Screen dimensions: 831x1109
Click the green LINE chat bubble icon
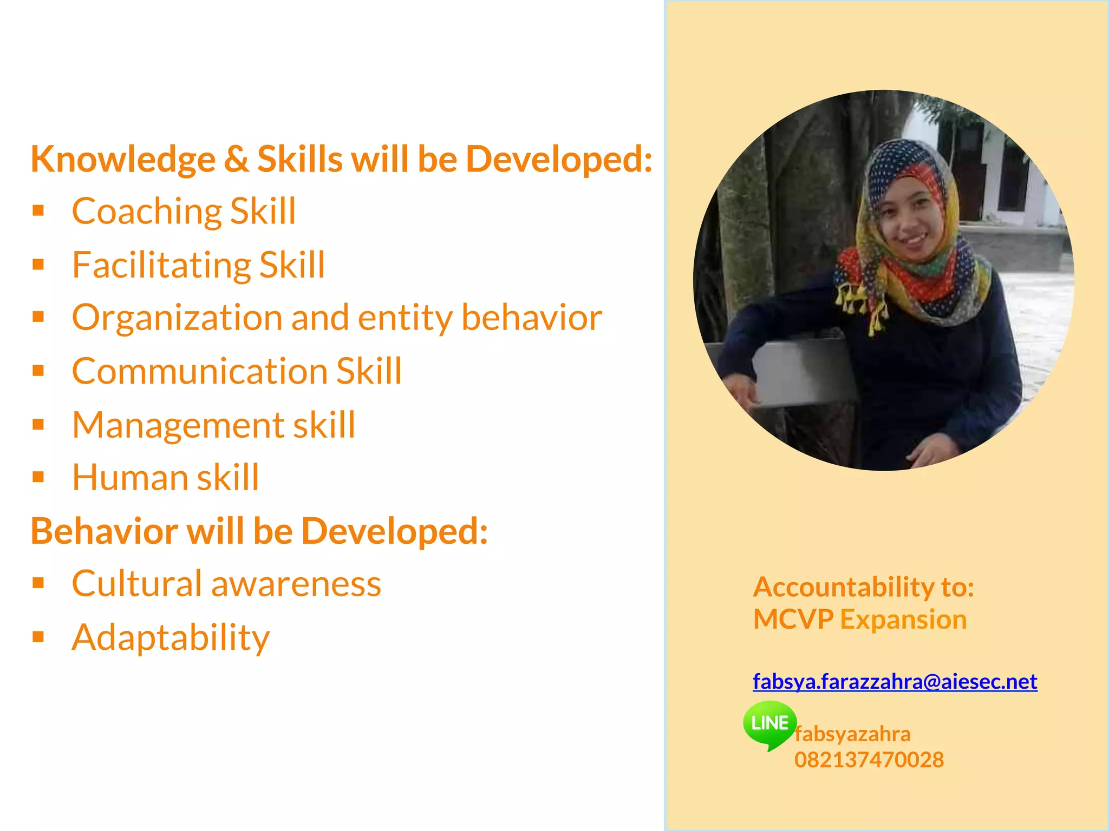(x=769, y=724)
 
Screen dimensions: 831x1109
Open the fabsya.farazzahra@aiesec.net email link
(x=895, y=681)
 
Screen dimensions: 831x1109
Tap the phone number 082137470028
(x=869, y=760)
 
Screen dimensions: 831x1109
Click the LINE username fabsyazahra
(x=852, y=734)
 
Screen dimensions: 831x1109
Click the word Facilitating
(x=161, y=265)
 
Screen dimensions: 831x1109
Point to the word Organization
(x=177, y=318)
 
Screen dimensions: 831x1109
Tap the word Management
(x=178, y=425)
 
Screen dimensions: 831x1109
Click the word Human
(x=129, y=478)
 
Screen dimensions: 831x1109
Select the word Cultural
(x=136, y=584)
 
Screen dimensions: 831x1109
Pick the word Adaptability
(x=171, y=637)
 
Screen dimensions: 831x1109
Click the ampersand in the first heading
(x=236, y=160)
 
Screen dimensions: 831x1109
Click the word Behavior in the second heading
(x=104, y=531)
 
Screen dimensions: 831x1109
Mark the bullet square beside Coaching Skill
(x=38, y=210)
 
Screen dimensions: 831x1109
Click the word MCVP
(x=793, y=619)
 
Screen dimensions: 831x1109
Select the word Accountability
(x=843, y=587)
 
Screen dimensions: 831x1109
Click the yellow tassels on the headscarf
(x=861, y=306)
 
